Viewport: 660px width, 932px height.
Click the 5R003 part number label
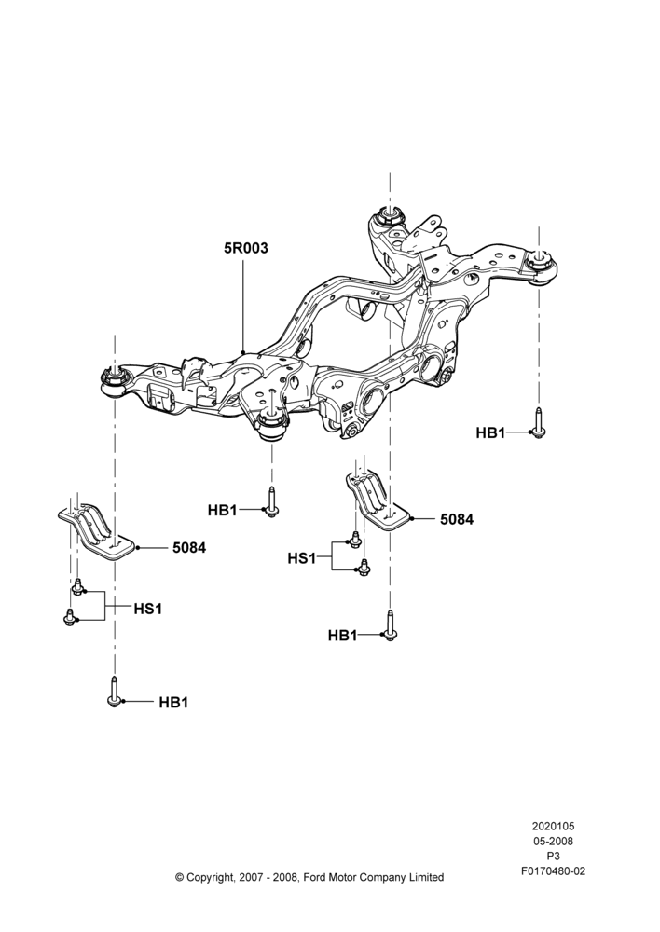(245, 248)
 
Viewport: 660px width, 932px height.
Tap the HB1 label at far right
(490, 433)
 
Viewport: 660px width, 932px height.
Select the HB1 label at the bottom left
(173, 703)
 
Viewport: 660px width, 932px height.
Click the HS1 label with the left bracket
(147, 609)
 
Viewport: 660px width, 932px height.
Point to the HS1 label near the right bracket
(301, 558)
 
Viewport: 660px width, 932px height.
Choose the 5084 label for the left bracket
(189, 547)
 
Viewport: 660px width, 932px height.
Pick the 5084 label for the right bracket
(457, 519)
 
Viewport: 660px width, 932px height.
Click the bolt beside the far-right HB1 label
(539, 423)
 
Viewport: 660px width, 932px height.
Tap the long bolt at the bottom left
(114, 692)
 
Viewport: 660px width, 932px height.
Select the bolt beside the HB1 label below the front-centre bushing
(271, 502)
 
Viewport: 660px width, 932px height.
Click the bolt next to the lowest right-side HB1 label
(390, 626)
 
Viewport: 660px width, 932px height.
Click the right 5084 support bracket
(378, 500)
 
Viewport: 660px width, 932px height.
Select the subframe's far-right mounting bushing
(540, 267)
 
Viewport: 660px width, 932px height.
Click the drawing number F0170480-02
(553, 871)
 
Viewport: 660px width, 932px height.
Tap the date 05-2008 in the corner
(553, 841)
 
